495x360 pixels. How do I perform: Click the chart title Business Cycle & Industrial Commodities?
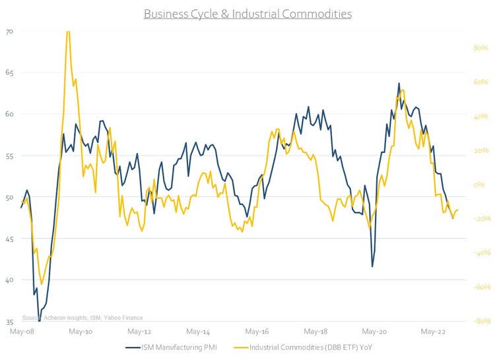pos(247,13)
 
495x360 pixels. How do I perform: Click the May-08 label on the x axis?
pos(22,332)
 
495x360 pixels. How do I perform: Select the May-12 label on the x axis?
pos(139,332)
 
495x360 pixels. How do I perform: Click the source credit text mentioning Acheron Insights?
pos(82,317)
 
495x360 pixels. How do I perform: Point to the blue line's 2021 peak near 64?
pos(399,84)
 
